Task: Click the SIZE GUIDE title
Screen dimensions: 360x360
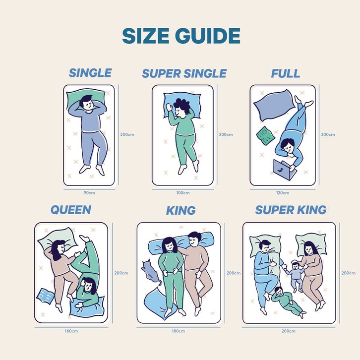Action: click(181, 36)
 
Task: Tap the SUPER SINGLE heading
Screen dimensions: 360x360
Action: click(184, 73)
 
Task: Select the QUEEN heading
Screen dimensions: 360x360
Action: click(71, 210)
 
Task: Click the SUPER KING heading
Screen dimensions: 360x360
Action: click(291, 210)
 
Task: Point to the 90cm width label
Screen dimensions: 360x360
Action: click(89, 193)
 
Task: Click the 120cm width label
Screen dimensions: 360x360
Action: click(283, 193)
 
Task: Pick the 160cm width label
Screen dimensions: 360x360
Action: click(71, 331)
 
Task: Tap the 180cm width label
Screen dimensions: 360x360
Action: click(179, 331)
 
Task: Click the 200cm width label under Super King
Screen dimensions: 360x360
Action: click(289, 331)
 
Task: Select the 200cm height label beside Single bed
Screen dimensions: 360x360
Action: click(127, 134)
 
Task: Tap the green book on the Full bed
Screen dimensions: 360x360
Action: click(265, 136)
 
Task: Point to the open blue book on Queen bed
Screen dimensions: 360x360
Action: click(46, 296)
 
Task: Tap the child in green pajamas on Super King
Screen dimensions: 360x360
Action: click(288, 301)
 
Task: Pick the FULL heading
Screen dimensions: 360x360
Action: click(286, 73)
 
